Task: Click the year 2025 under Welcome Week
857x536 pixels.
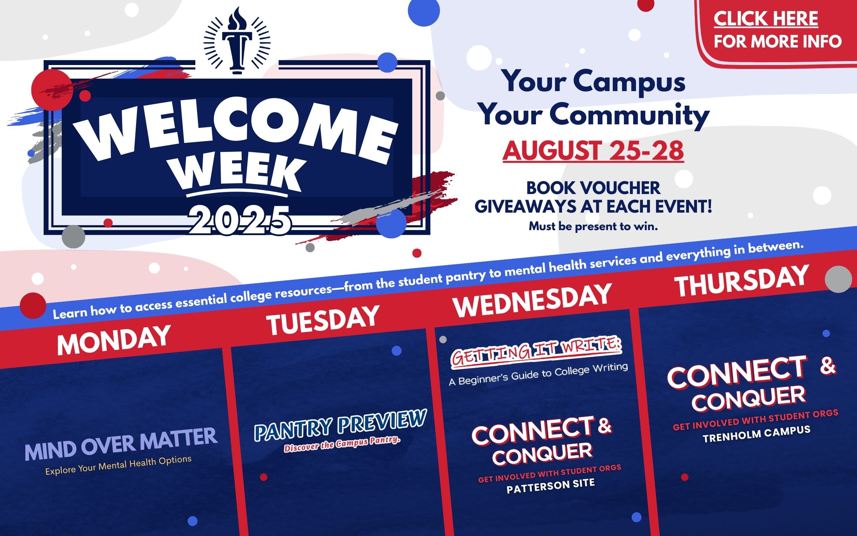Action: pyautogui.click(x=240, y=220)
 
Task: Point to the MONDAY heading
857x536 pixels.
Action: pyautogui.click(x=114, y=340)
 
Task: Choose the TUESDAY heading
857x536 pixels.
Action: pyautogui.click(x=322, y=320)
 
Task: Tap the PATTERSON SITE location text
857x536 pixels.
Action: pyautogui.click(x=550, y=486)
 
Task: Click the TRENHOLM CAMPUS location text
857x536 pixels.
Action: pyautogui.click(x=756, y=434)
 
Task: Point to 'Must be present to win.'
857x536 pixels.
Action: pyautogui.click(x=593, y=226)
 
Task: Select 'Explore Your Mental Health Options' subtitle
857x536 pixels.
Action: pyautogui.click(x=118, y=465)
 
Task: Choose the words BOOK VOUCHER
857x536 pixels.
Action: pyautogui.click(x=593, y=188)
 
